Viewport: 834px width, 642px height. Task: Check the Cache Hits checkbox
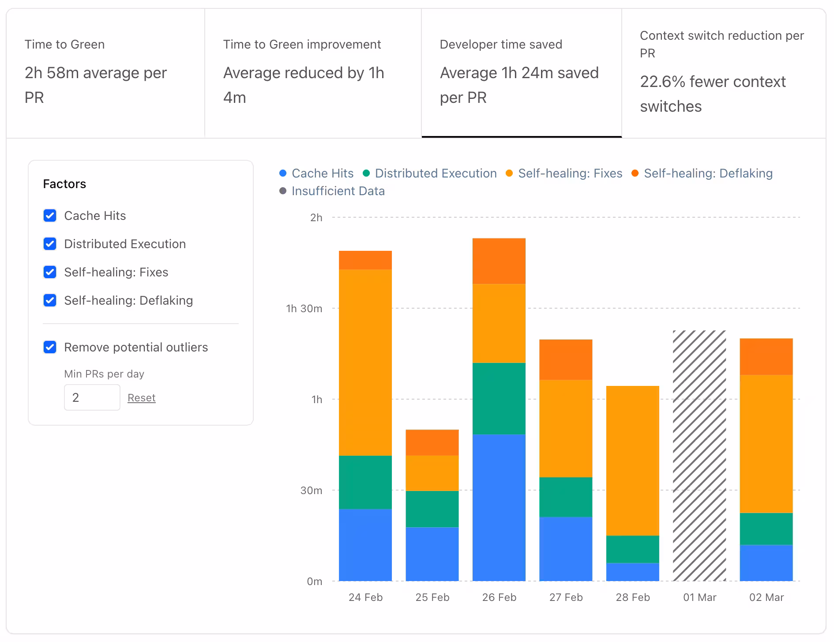pyautogui.click(x=50, y=215)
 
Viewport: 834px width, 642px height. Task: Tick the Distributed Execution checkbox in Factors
pyautogui.click(x=50, y=244)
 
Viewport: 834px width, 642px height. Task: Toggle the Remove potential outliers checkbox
pyautogui.click(x=50, y=347)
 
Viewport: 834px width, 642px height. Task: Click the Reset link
pyautogui.click(x=141, y=398)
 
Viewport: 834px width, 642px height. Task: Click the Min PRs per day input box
pyautogui.click(x=92, y=397)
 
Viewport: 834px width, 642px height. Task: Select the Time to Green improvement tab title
pyautogui.click(x=302, y=45)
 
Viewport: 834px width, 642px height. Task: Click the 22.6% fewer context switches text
pyautogui.click(x=712, y=94)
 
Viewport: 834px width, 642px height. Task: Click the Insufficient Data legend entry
pyautogui.click(x=338, y=191)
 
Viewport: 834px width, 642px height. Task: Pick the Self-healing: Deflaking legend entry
pyautogui.click(x=707, y=174)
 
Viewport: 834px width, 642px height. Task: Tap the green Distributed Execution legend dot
pyautogui.click(x=366, y=174)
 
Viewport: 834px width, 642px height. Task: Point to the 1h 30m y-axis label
pyautogui.click(x=304, y=309)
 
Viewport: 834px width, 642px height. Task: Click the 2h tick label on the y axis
pyautogui.click(x=316, y=218)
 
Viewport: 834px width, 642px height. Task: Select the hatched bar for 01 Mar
pyautogui.click(x=699, y=455)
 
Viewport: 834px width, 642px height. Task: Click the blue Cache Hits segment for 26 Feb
pyautogui.click(x=499, y=508)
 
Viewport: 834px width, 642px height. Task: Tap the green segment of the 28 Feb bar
pyautogui.click(x=632, y=549)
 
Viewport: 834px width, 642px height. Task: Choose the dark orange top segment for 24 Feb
pyautogui.click(x=365, y=260)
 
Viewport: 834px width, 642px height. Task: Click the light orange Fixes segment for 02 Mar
pyautogui.click(x=766, y=444)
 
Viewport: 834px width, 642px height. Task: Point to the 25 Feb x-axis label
pyautogui.click(x=432, y=597)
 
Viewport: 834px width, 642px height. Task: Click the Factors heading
pyautogui.click(x=64, y=184)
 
